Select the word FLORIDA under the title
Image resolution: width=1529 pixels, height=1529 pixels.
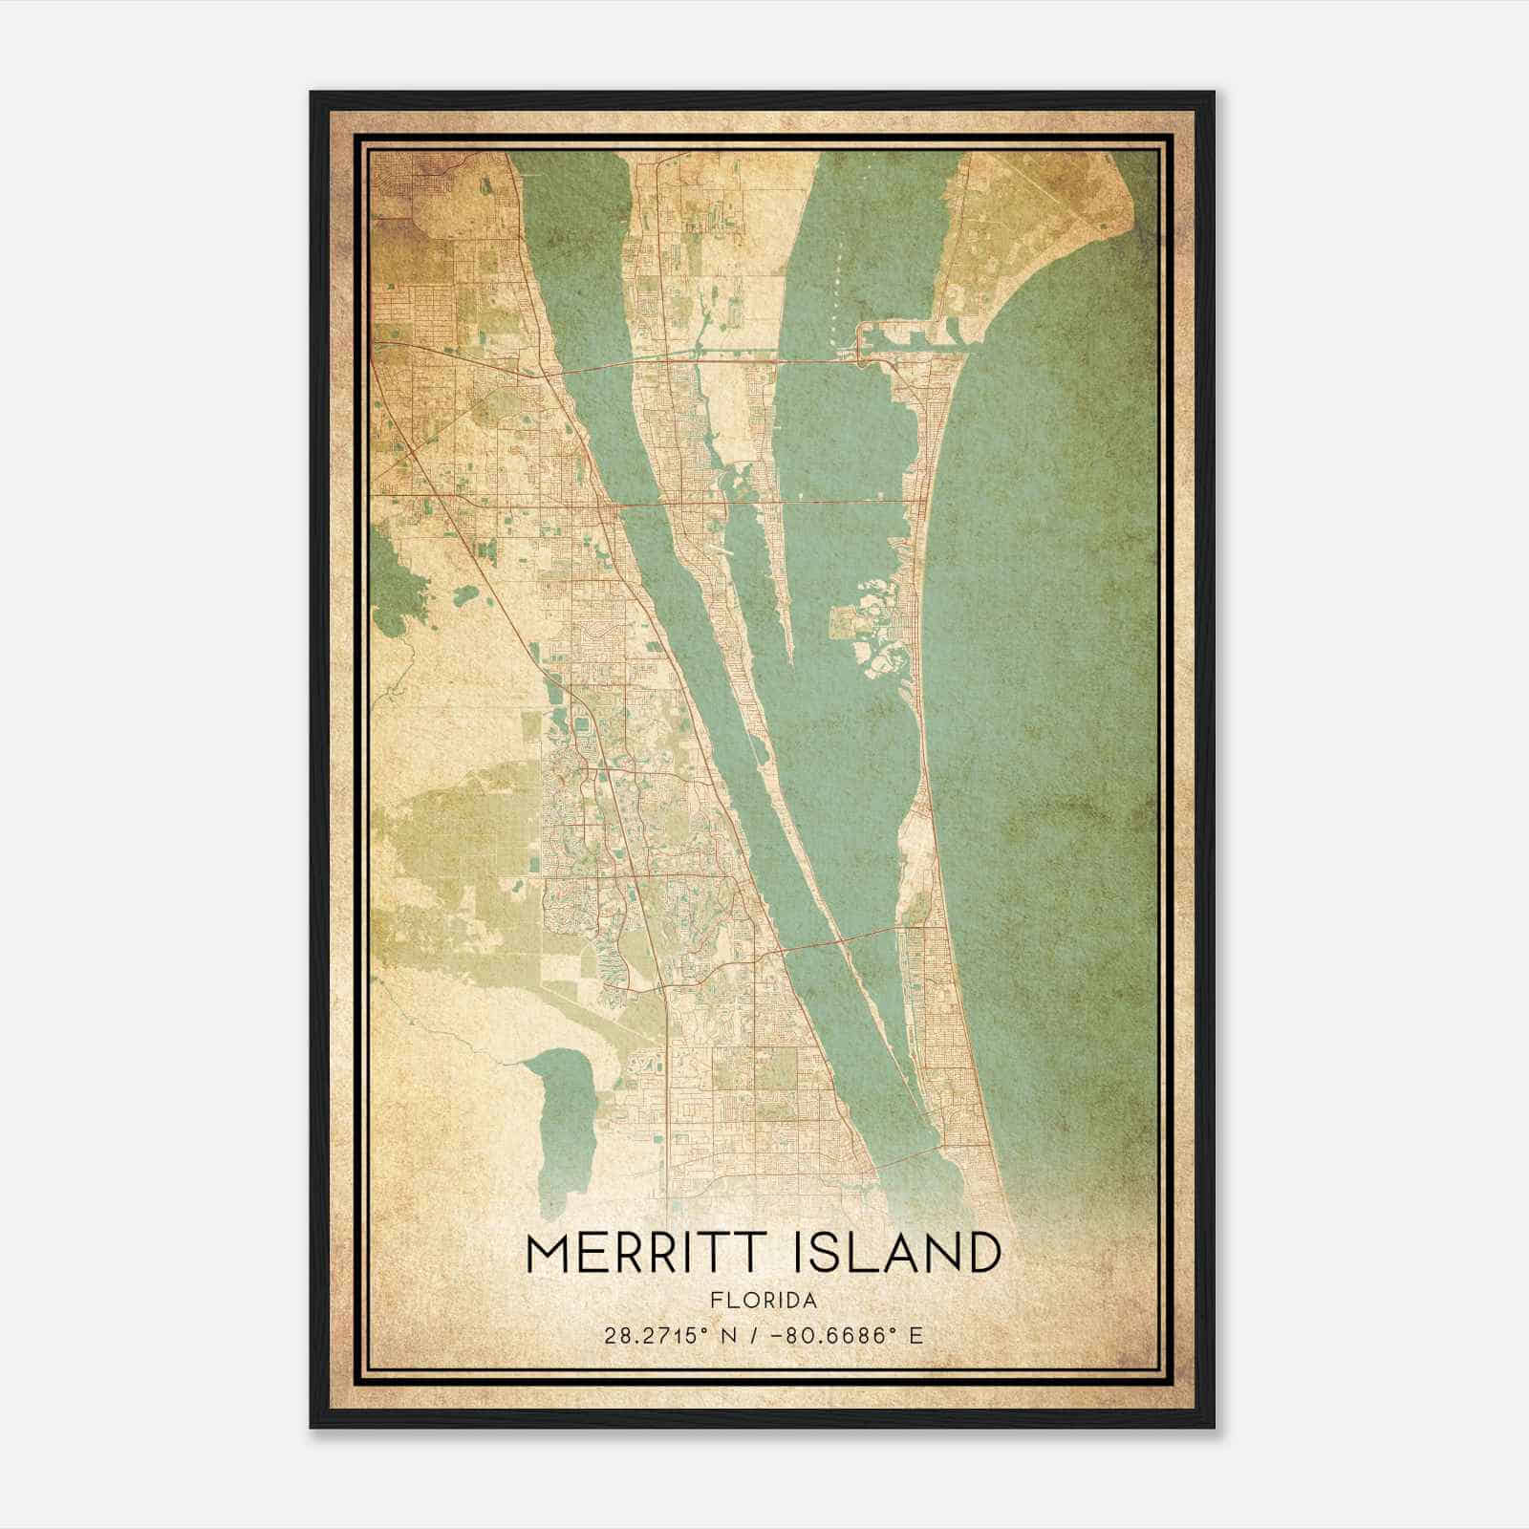[764, 1301]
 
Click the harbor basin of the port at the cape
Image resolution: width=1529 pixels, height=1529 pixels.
[903, 334]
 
